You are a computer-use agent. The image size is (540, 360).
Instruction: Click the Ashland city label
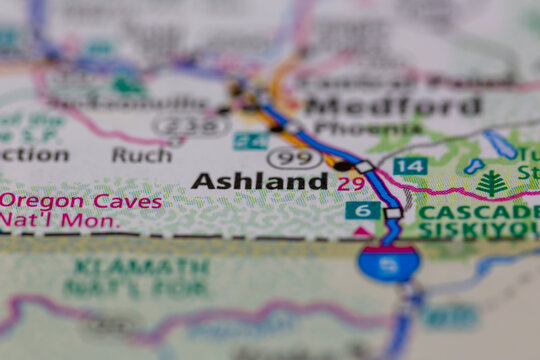click(x=259, y=181)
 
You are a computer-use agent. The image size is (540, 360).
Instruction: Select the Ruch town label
click(x=141, y=154)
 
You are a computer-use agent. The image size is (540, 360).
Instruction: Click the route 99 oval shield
click(x=294, y=158)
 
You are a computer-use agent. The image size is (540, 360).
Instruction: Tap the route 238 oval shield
click(x=189, y=126)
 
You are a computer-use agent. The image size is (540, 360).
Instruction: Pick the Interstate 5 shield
click(x=388, y=263)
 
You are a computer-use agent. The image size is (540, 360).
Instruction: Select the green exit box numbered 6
click(x=362, y=210)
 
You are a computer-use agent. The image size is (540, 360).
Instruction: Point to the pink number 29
click(x=350, y=184)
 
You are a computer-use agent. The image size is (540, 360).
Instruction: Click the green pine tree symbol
click(x=491, y=183)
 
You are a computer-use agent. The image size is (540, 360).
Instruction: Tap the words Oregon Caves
click(x=80, y=201)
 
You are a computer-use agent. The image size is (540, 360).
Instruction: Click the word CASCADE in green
click(x=477, y=212)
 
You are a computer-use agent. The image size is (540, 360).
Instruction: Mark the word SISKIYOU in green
click(x=478, y=230)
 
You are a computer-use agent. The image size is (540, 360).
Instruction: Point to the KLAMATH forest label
click(x=139, y=267)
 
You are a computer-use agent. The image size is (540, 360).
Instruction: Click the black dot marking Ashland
click(x=342, y=165)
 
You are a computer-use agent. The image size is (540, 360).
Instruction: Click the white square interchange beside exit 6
click(x=393, y=212)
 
